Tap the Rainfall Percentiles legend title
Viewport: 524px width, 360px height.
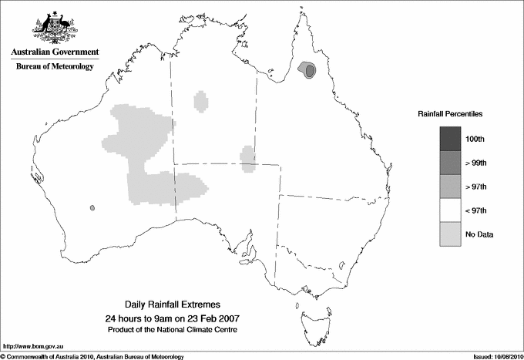pos(450,113)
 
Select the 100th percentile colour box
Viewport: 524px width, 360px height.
pos(451,139)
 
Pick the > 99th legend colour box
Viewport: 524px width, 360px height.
pos(451,163)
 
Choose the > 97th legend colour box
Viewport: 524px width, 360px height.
pos(451,187)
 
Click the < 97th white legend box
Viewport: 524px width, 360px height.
pos(451,210)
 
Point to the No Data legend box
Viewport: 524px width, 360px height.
pos(451,234)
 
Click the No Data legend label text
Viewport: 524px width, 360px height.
pos(479,234)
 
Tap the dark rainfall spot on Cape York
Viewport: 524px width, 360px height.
pos(309,71)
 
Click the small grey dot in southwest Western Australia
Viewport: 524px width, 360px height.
pos(92,207)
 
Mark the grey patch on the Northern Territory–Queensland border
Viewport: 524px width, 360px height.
pos(248,158)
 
